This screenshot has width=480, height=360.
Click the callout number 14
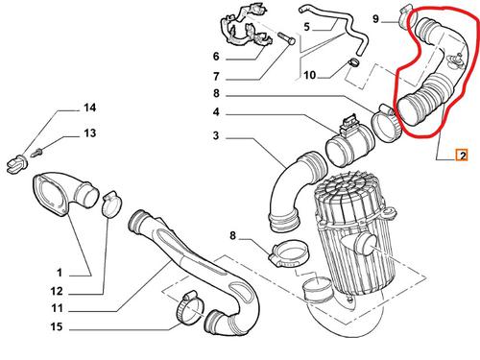[90, 108]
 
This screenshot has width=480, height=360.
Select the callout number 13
[90, 132]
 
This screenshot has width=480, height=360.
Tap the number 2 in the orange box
[463, 156]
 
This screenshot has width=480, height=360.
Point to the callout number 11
[58, 308]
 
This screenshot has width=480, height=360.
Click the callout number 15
[57, 326]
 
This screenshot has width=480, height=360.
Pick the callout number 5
[307, 27]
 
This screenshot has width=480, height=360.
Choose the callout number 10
[309, 75]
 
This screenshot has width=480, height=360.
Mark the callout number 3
[216, 135]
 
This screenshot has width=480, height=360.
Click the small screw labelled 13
[36, 153]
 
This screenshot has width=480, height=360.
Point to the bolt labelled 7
[286, 38]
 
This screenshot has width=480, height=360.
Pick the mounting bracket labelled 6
[247, 28]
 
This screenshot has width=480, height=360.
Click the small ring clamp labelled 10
[353, 62]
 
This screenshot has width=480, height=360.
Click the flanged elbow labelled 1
[65, 195]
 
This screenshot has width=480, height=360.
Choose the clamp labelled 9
[405, 15]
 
